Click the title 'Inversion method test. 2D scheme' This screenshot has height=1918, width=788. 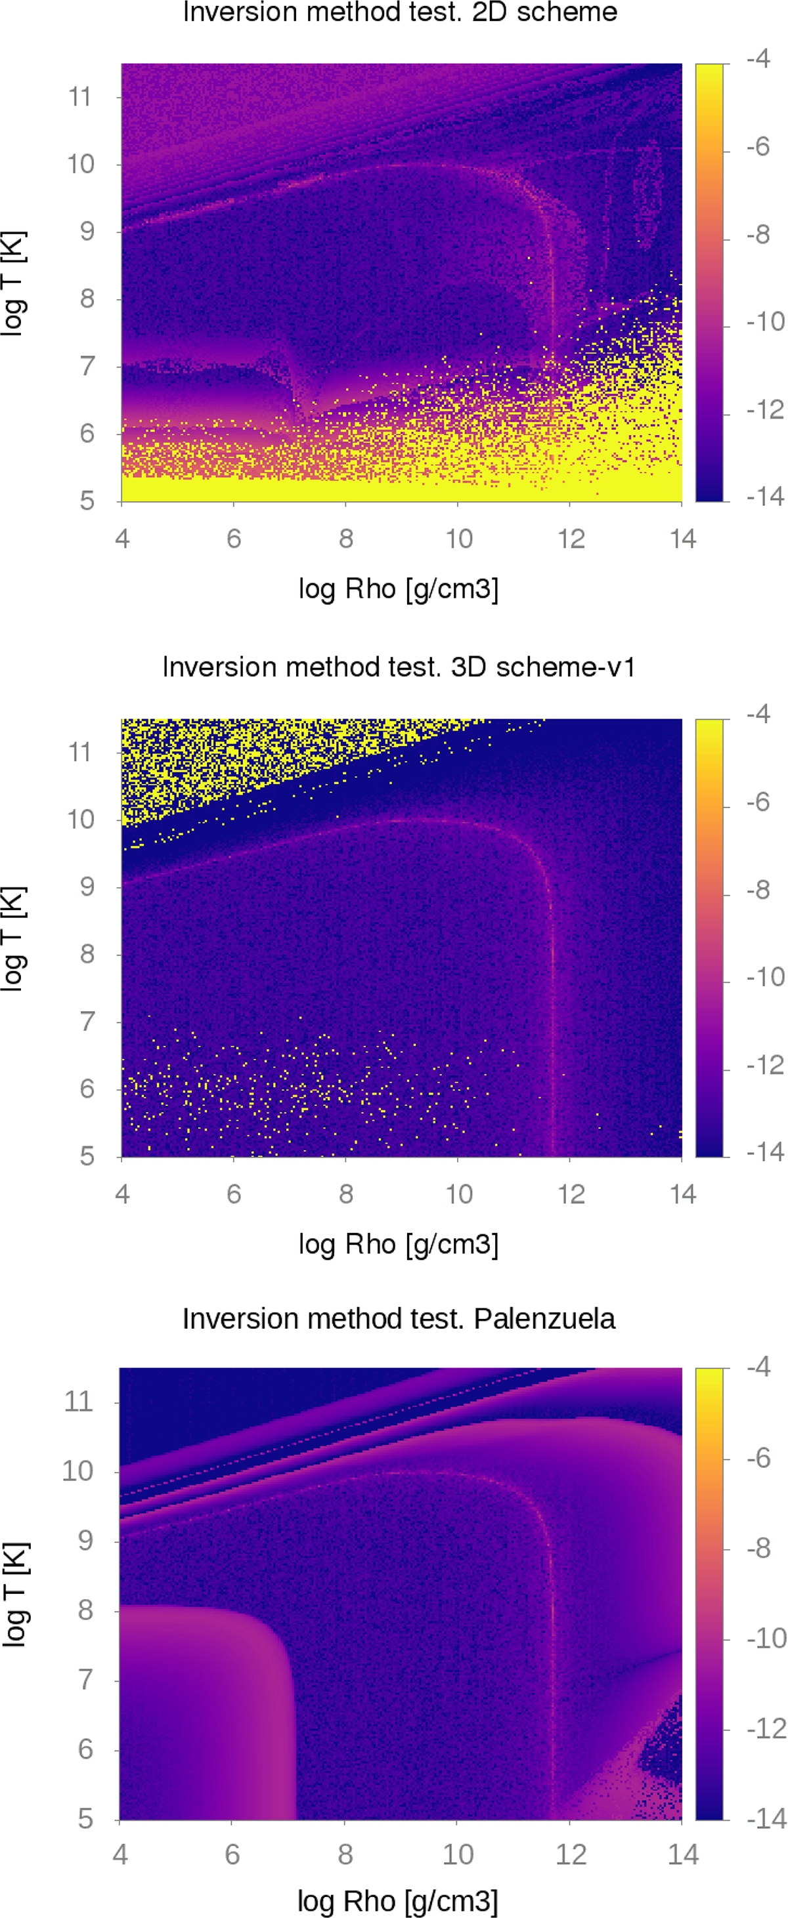[400, 12]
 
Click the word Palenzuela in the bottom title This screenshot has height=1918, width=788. [544, 1319]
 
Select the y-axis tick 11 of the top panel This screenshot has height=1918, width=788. [79, 97]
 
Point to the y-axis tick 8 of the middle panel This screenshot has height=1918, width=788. [87, 954]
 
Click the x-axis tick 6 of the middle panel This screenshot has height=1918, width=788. [234, 1194]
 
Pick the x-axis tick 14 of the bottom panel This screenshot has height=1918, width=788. [683, 1854]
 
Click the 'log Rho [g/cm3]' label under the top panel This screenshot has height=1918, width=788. [399, 589]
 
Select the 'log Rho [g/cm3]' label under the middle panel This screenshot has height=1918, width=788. [399, 1244]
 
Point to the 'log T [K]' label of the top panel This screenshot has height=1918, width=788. [15, 283]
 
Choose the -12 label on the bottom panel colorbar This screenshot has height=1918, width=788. [765, 1728]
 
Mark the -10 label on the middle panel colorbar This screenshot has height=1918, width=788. [765, 976]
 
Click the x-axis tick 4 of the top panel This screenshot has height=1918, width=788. [122, 538]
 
